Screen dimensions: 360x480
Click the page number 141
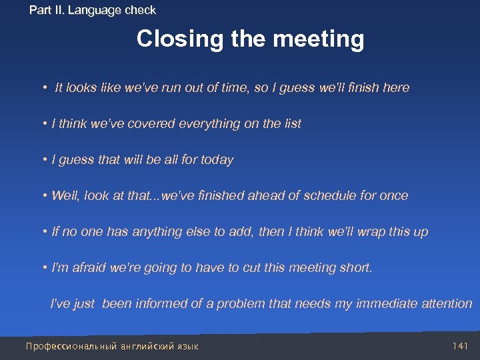point(461,346)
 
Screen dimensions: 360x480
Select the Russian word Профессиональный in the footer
point(71,346)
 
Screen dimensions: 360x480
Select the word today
point(217,160)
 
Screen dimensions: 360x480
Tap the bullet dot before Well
point(45,196)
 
